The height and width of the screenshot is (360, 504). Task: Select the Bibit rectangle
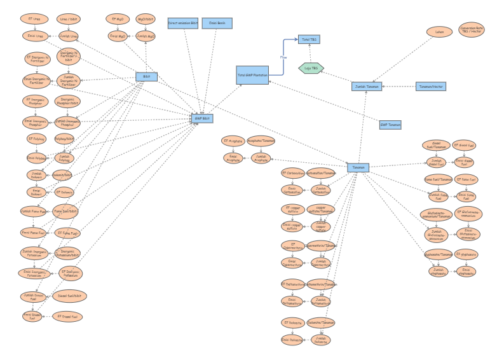pos(146,77)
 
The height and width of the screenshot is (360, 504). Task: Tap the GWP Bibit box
pos(203,118)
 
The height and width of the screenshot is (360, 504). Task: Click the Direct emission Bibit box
pos(183,24)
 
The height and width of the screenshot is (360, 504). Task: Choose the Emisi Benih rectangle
pos(217,24)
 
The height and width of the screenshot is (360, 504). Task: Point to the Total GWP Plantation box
pos(252,75)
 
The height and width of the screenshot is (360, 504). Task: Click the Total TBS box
pos(310,39)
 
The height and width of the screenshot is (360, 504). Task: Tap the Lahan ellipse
pos(438,31)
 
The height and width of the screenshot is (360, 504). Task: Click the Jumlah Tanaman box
pos(367,87)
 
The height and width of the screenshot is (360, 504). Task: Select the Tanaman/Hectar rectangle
pos(431,86)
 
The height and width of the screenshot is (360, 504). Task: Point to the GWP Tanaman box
pos(390,125)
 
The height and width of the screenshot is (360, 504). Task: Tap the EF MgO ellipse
pos(116,19)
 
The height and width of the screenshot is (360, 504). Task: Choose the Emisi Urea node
pos(35,36)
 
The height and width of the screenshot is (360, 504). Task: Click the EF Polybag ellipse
pos(36,137)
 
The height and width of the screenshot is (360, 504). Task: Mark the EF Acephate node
pos(233,141)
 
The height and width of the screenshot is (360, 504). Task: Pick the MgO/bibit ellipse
pos(146,19)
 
